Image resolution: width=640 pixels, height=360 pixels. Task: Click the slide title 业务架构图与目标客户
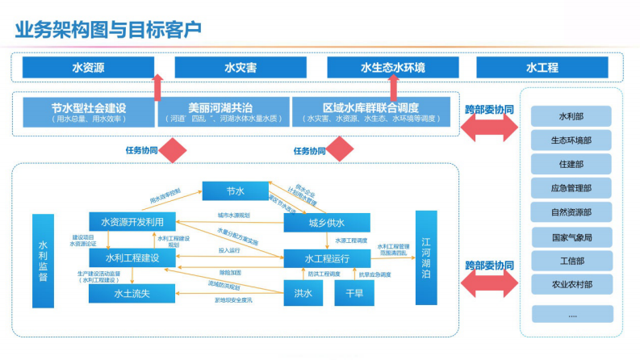(x=109, y=28)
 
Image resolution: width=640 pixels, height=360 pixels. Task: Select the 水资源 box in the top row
(x=88, y=68)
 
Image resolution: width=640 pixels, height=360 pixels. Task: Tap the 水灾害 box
(x=240, y=68)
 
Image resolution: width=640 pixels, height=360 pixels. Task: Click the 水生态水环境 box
(x=392, y=68)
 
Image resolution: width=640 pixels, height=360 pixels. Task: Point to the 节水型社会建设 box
(x=89, y=112)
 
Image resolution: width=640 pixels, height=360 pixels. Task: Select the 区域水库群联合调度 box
(x=371, y=112)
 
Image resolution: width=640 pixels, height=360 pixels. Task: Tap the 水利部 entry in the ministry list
(x=571, y=116)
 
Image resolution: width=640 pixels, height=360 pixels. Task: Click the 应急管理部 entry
(x=571, y=188)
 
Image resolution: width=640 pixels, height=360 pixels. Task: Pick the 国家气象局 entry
(x=571, y=237)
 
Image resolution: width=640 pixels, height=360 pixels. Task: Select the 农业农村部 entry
(x=571, y=284)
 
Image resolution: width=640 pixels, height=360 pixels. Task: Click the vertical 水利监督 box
(x=44, y=260)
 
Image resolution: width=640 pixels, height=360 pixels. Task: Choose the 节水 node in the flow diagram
(x=235, y=191)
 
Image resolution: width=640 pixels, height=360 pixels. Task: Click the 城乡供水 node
(x=327, y=223)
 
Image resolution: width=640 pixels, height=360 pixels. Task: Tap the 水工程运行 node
(x=327, y=258)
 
